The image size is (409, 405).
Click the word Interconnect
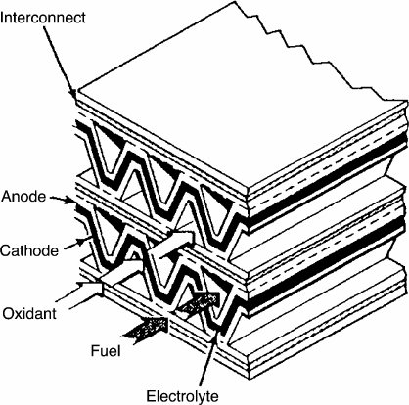pyautogui.click(x=43, y=18)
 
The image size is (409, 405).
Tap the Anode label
pyautogui.click(x=23, y=197)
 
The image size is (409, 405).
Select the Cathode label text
pyautogui.click(x=29, y=250)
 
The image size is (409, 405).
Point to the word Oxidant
pyautogui.click(x=29, y=313)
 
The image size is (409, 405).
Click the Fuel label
pyautogui.click(x=106, y=351)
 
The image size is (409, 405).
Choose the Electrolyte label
pyautogui.click(x=182, y=396)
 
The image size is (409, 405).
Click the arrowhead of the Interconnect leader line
pyautogui.click(x=73, y=94)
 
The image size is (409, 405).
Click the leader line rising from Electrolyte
pyautogui.click(x=208, y=359)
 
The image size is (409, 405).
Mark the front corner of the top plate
pyautogui.click(x=248, y=189)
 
